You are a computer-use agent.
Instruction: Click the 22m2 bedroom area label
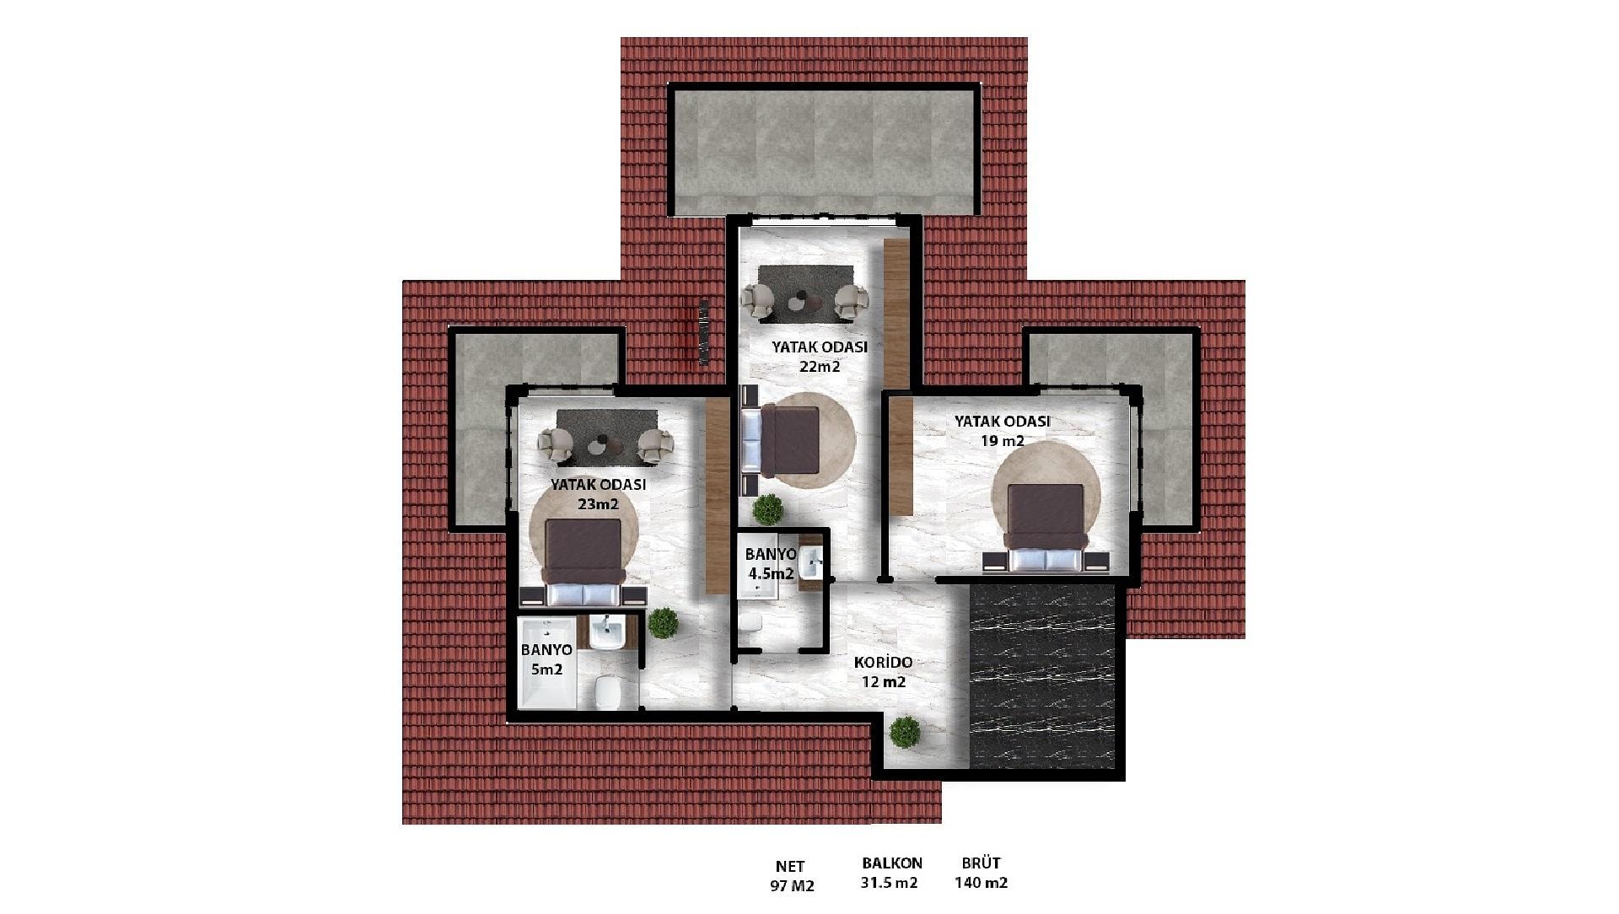(820, 357)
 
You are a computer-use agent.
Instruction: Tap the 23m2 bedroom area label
(599, 495)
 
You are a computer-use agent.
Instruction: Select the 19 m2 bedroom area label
(1002, 431)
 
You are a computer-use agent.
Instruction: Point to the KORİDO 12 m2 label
(883, 673)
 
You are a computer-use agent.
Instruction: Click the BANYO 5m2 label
(546, 659)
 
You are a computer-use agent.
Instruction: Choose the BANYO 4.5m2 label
(771, 564)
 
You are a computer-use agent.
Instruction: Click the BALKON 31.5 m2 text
(892, 873)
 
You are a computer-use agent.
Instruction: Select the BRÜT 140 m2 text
(982, 873)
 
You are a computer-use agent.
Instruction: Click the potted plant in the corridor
(905, 732)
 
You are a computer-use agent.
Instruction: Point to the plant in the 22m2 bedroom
(768, 510)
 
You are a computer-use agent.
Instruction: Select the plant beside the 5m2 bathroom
(664, 623)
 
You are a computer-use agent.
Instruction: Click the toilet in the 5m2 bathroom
(607, 693)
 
